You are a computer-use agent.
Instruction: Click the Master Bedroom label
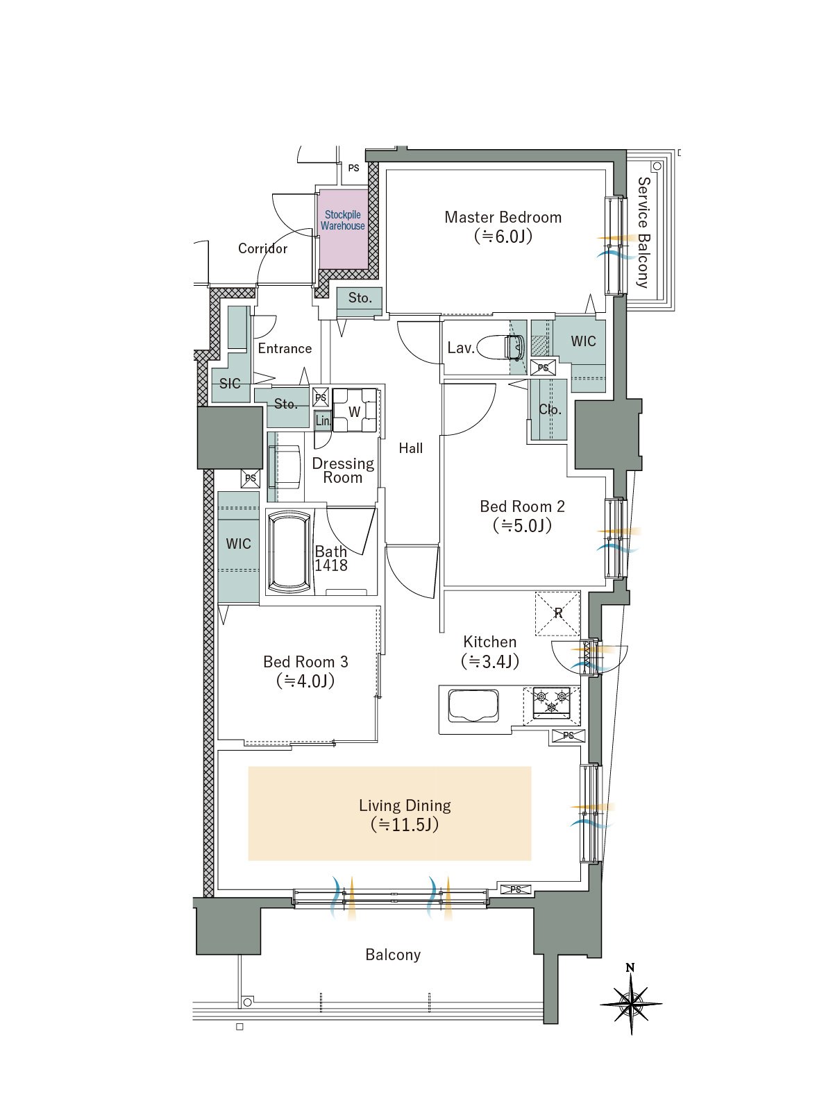pos(503,227)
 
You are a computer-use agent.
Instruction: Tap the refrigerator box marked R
pos(557,613)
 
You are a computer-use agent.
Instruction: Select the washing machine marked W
pos(355,411)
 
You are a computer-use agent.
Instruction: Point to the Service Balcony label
pos(643,232)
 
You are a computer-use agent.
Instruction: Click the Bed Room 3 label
pos(305,672)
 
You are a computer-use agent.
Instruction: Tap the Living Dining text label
pos(405,815)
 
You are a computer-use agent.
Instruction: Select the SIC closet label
pos(230,384)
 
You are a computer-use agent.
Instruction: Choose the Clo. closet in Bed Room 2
pos(550,409)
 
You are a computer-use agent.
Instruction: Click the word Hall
pos(411,448)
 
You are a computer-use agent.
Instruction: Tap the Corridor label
pos(262,248)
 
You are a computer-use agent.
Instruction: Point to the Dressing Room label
pos(343,470)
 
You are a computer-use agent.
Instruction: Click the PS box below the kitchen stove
pos(569,736)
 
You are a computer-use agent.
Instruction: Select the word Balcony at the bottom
pos(393,955)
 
